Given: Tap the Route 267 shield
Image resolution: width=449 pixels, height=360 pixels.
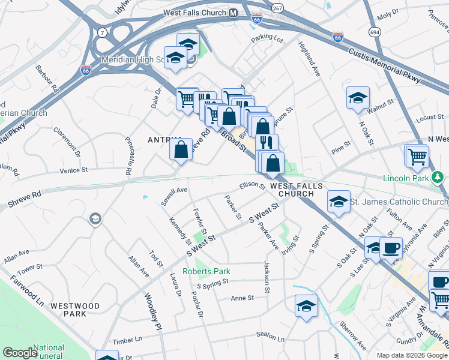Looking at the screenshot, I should (277, 8).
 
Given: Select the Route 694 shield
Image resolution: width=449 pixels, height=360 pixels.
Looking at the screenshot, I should (375, 32).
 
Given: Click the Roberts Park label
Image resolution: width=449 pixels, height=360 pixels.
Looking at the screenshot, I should (206, 271).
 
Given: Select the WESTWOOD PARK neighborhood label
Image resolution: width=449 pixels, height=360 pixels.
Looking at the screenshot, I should (75, 310).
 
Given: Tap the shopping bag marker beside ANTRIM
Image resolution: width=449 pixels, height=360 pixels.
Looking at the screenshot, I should (181, 150).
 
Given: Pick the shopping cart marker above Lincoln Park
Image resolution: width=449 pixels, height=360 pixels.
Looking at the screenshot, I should (417, 157).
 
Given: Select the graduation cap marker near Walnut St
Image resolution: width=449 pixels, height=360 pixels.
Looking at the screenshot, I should (358, 98).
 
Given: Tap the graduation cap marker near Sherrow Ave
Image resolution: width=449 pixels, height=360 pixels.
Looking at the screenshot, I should (306, 305).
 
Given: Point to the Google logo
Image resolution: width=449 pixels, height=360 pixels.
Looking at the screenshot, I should (19, 353).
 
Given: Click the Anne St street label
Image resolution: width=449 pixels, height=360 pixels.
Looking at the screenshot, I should (243, 298).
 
